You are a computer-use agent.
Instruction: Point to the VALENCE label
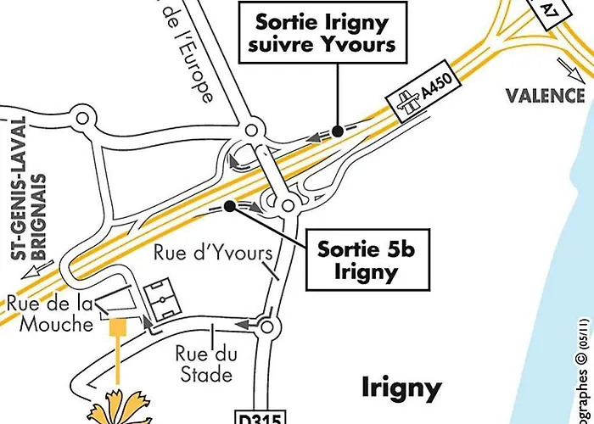pos(546,95)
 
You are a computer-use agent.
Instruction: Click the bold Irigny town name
pos(401,388)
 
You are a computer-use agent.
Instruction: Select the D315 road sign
pos(262,417)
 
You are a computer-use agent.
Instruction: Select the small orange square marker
pos(118,325)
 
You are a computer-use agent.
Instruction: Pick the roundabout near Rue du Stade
pos(270,326)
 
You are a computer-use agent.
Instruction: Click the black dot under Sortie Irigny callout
pos(337,131)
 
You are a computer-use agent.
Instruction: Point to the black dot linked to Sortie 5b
pos(229,204)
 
